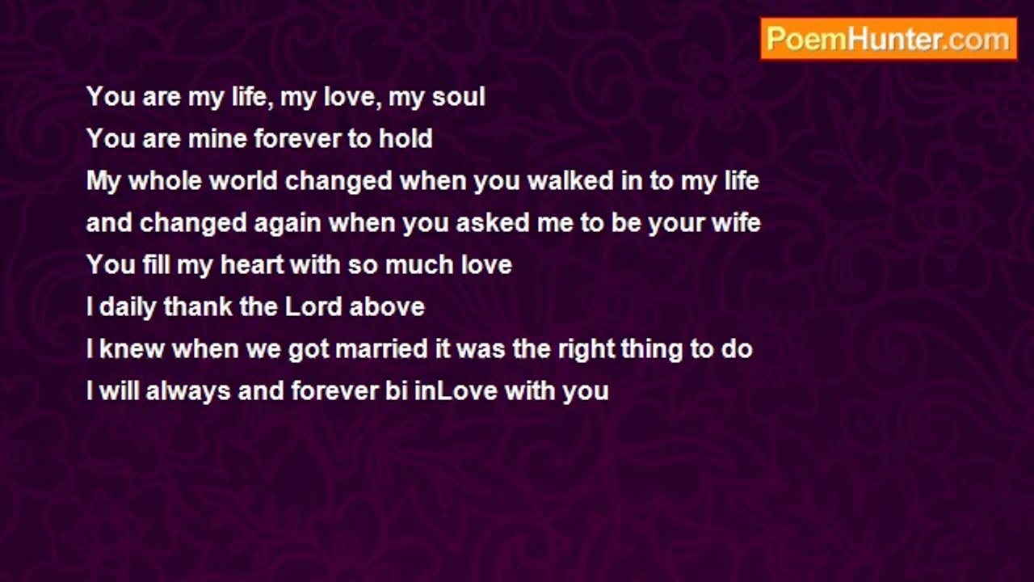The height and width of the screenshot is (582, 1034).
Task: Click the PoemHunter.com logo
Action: point(889,39)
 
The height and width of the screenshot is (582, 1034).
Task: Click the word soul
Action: point(458,97)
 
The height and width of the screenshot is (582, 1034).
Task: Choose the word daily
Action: point(128,307)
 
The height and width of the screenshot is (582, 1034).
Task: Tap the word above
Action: point(387,307)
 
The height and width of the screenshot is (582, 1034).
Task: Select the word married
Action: point(382,349)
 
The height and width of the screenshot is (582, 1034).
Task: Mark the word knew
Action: point(132,349)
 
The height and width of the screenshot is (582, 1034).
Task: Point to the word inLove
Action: point(456,391)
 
